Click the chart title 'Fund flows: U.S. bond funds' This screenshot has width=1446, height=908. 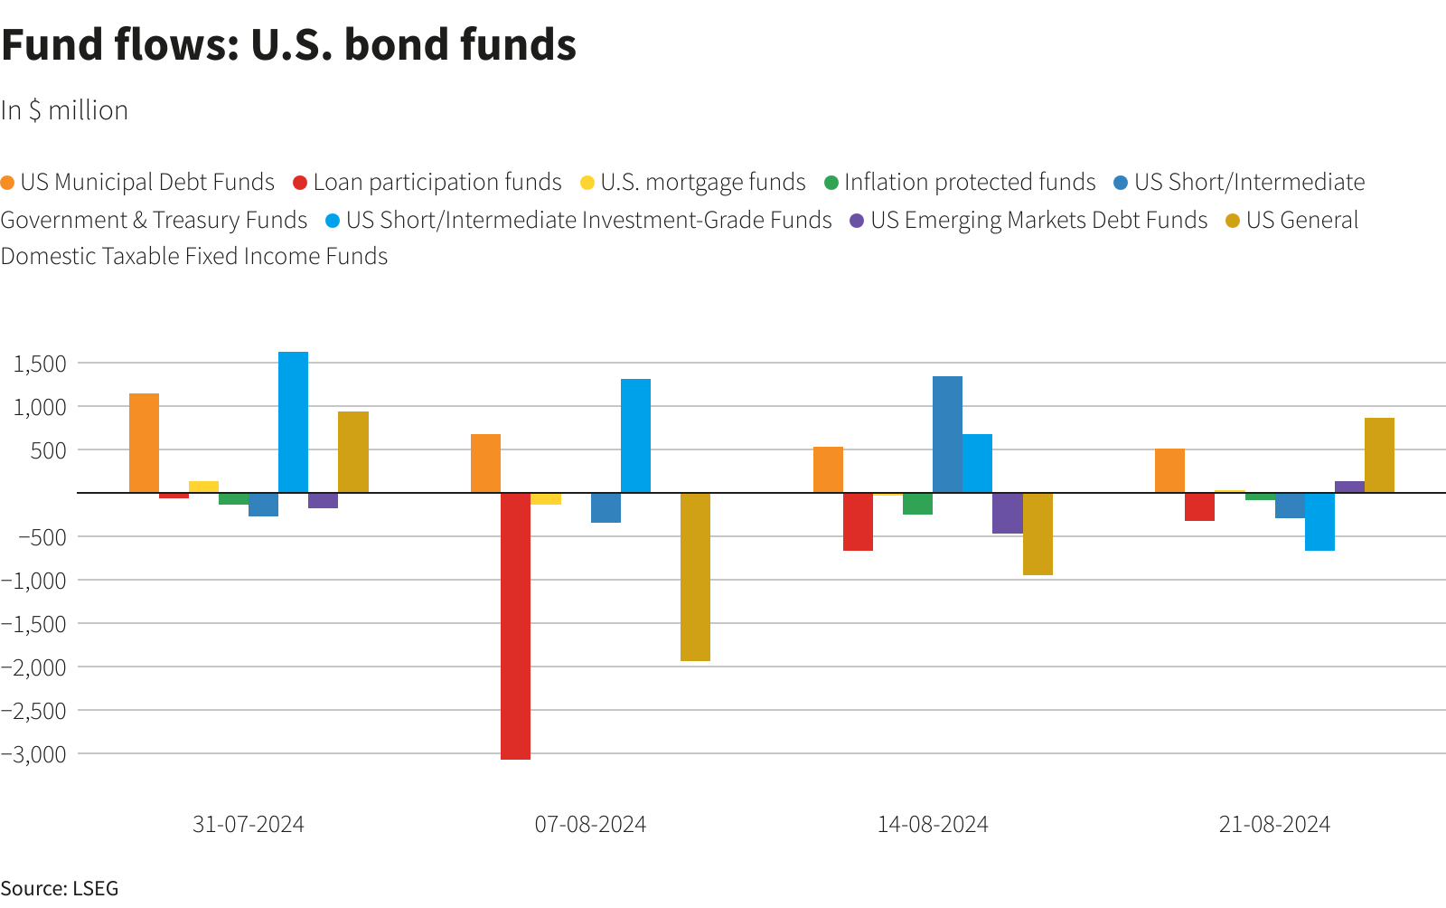point(289,44)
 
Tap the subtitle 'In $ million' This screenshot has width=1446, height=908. point(64,110)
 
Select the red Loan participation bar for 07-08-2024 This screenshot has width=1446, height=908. point(515,626)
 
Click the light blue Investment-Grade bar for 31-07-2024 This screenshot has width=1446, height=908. point(293,422)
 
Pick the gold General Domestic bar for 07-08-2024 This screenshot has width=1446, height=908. point(695,577)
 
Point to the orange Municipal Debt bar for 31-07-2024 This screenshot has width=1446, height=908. point(144,443)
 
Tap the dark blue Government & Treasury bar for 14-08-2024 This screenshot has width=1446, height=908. point(947,434)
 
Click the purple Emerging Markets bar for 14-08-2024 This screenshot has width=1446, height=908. point(1007,513)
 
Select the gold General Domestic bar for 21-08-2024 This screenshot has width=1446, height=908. point(1379,455)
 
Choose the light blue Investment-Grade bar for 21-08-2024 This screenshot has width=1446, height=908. point(1319,522)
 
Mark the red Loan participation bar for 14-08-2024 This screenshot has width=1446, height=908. point(858,522)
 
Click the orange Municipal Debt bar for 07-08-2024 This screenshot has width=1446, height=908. point(485,463)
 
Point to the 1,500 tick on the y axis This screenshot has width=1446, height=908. point(40,364)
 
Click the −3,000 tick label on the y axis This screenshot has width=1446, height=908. point(34,753)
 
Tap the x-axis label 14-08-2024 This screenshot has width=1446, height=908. point(933,824)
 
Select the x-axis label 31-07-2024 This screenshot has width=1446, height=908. point(249,824)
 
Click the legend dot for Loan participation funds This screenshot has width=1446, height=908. point(300,183)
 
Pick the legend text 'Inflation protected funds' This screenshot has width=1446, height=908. point(970,182)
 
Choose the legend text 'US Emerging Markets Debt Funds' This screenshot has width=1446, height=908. point(1038,220)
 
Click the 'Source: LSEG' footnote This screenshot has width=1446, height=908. point(60,888)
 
